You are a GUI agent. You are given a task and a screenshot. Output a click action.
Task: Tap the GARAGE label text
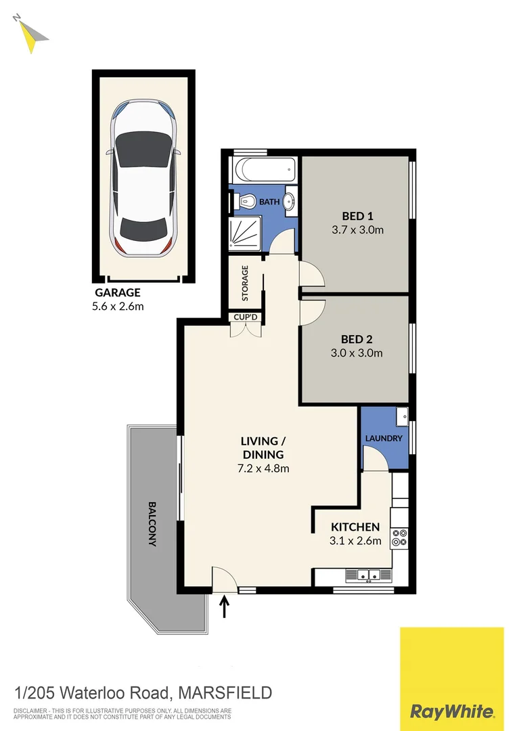(117, 292)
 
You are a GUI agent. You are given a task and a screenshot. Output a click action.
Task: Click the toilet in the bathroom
(246, 201)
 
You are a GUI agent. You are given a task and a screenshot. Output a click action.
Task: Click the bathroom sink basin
(289, 201)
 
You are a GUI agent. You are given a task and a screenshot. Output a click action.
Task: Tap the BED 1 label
(357, 216)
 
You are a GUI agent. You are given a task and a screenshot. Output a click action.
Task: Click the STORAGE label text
(245, 284)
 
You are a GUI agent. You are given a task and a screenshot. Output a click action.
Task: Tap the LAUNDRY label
(384, 438)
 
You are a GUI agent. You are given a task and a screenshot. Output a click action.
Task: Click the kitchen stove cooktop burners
(400, 536)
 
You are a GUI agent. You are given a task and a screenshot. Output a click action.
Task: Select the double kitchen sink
(369, 575)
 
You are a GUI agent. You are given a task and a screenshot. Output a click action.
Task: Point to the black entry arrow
(225, 606)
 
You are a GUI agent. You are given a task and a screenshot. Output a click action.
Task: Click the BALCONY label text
(152, 523)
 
